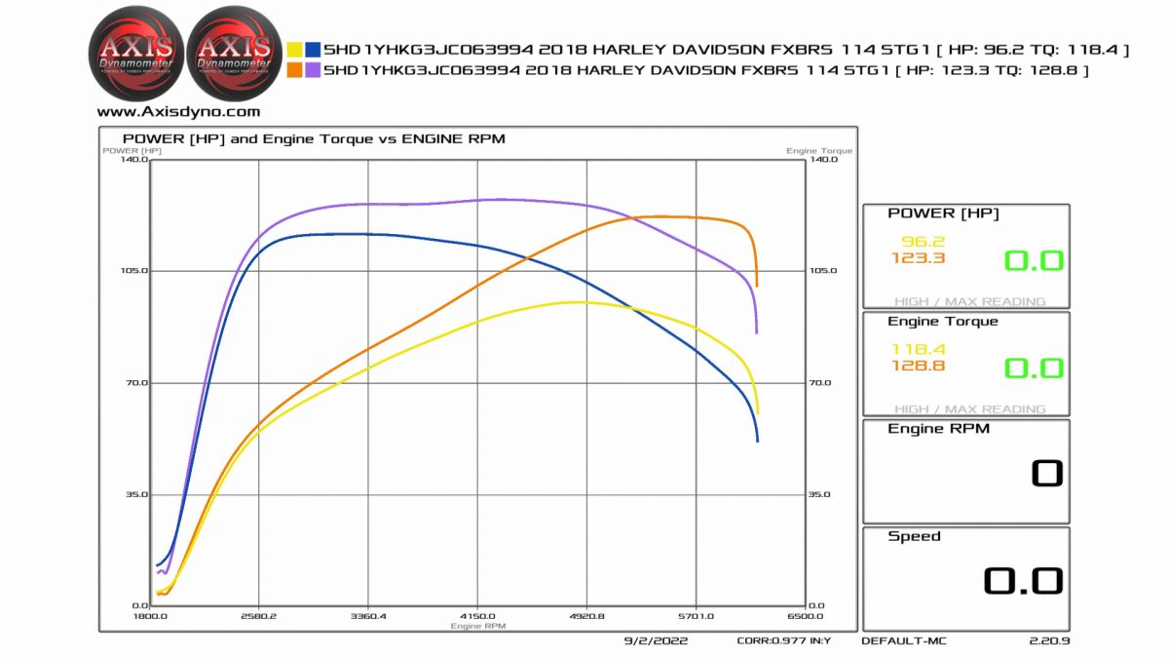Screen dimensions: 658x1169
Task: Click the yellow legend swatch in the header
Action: click(x=294, y=50)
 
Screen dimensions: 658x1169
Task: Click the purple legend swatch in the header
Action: click(x=314, y=70)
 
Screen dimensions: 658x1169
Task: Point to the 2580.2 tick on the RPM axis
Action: click(x=258, y=617)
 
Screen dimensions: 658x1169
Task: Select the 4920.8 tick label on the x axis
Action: click(x=586, y=617)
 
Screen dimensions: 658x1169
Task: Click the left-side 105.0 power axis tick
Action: click(x=133, y=271)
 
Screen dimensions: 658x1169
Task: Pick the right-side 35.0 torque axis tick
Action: click(x=818, y=494)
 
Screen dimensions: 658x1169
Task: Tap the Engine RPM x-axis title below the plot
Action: click(x=477, y=626)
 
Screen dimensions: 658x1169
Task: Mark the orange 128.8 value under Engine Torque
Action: click(x=918, y=366)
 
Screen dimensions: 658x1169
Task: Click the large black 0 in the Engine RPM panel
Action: click(x=1047, y=474)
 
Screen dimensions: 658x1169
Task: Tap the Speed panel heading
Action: click(x=914, y=536)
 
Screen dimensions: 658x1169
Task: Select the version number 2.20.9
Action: click(x=1049, y=641)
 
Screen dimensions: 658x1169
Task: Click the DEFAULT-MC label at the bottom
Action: click(x=903, y=641)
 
